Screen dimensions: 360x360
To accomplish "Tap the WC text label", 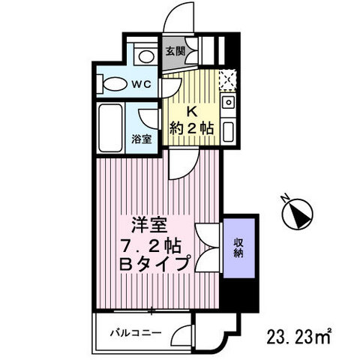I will click(143, 84).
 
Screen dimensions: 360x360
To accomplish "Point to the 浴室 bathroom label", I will click(143, 138).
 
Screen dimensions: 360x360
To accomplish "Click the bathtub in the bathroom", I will click(111, 127).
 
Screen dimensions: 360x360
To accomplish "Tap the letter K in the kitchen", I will click(191, 109).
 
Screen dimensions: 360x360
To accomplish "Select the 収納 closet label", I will click(238, 247).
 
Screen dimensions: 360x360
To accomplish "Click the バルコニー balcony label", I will click(136, 331).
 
